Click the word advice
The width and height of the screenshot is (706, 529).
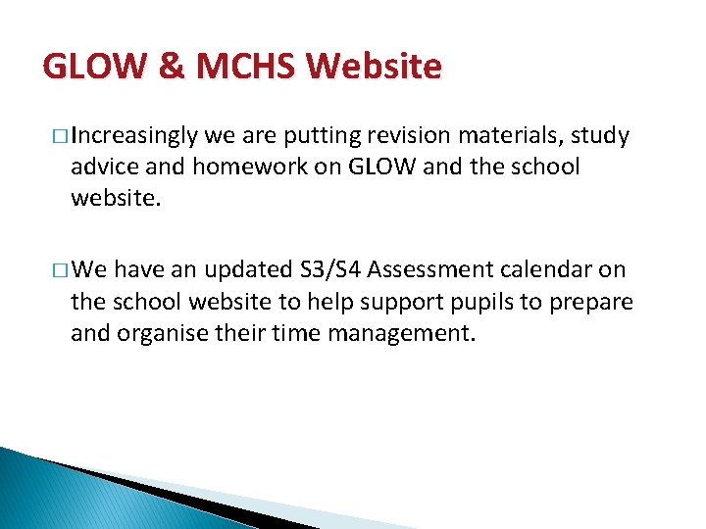pos(103,167)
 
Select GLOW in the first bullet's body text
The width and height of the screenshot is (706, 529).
pos(372,167)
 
